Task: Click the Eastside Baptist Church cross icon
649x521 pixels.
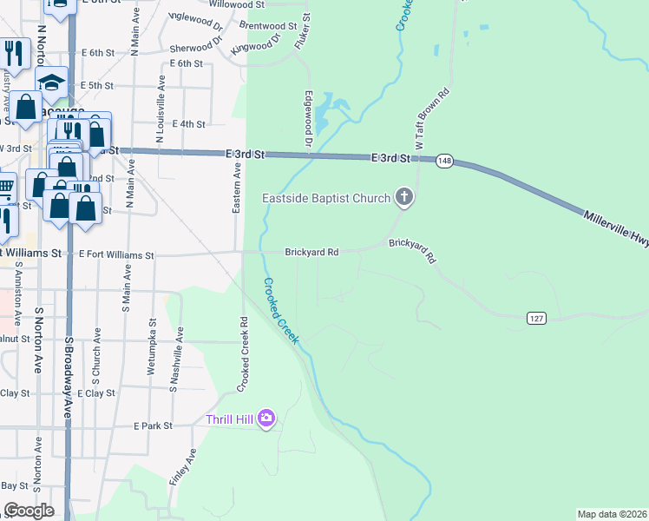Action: pyautogui.click(x=403, y=198)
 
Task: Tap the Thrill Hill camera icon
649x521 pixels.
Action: pyautogui.click(x=266, y=419)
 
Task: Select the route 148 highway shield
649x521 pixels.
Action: pyautogui.click(x=444, y=162)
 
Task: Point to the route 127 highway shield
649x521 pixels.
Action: pyautogui.click(x=536, y=320)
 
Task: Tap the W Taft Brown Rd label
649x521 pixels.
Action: pyautogui.click(x=430, y=118)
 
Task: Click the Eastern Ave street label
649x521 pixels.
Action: pyautogui.click(x=237, y=187)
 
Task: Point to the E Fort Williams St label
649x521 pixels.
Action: pyautogui.click(x=116, y=255)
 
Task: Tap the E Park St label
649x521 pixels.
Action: pyautogui.click(x=154, y=426)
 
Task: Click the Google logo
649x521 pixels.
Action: pyautogui.click(x=29, y=511)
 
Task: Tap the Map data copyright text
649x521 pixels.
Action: pyautogui.click(x=612, y=514)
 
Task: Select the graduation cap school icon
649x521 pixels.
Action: pyautogui.click(x=52, y=82)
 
